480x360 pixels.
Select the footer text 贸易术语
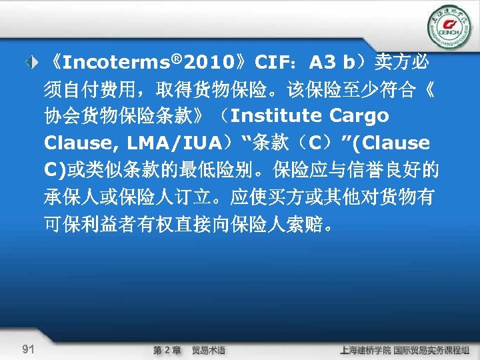coord(209,349)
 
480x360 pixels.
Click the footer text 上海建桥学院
coord(365,349)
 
